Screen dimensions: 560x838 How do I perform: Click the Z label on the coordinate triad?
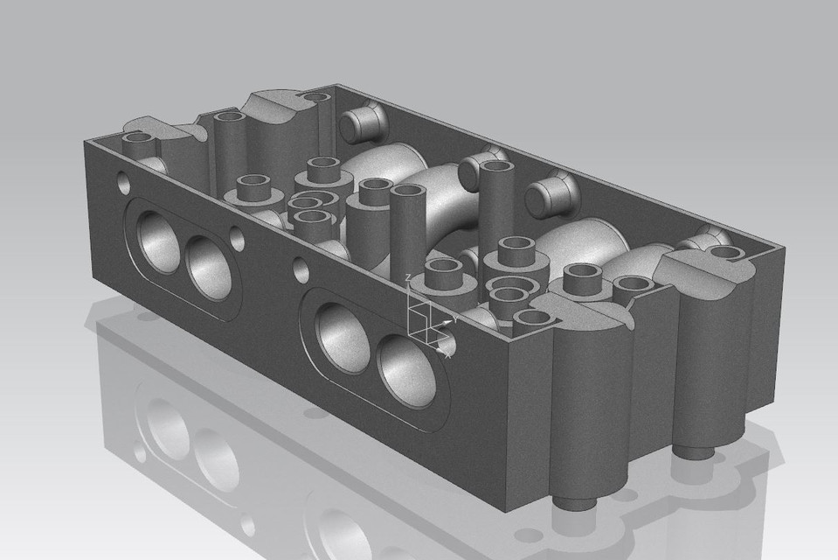click(x=409, y=278)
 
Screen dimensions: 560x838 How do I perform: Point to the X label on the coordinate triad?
click(x=449, y=354)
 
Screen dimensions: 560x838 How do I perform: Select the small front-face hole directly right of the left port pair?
click(x=237, y=236)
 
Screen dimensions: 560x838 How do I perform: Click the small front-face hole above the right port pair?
click(x=300, y=266)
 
